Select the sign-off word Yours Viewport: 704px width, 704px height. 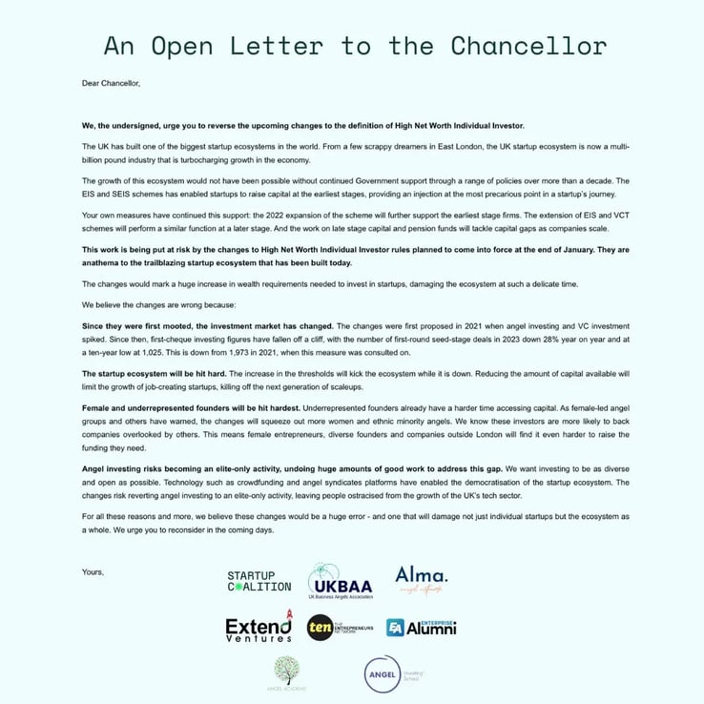click(x=93, y=571)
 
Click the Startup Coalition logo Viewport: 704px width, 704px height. click(x=258, y=581)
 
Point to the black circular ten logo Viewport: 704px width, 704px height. click(x=320, y=628)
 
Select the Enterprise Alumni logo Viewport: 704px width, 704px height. click(x=421, y=628)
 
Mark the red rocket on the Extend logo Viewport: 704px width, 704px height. click(x=287, y=613)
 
